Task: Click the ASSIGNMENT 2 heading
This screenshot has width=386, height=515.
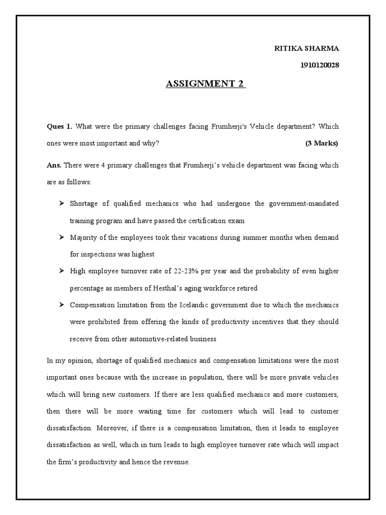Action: pyautogui.click(x=206, y=84)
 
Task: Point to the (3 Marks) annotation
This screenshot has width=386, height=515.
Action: pyautogui.click(x=322, y=143)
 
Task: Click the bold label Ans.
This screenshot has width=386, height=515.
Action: pyautogui.click(x=54, y=165)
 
